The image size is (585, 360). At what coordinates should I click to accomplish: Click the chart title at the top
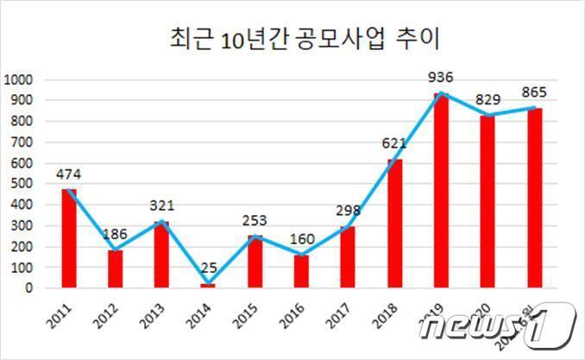click(x=299, y=39)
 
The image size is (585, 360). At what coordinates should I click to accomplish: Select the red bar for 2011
click(x=69, y=238)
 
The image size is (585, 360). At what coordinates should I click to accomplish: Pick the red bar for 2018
click(x=394, y=223)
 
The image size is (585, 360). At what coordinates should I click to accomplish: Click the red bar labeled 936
click(x=441, y=191)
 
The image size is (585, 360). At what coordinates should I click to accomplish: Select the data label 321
click(x=162, y=206)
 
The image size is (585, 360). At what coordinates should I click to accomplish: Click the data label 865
click(x=534, y=92)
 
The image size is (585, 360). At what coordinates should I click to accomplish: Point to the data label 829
click(x=489, y=100)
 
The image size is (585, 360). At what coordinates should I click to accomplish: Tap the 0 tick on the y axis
click(x=28, y=288)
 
